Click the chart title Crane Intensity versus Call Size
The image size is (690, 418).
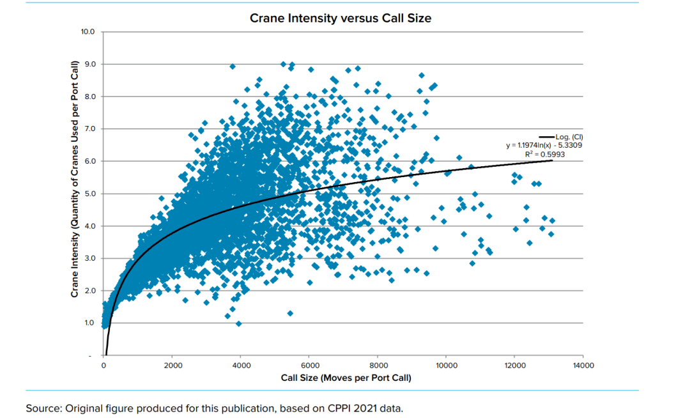340,18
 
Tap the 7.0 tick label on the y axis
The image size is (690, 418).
89,128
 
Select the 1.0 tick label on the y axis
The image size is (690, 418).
89,323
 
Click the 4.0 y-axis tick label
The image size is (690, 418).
89,226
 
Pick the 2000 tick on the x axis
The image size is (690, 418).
172,366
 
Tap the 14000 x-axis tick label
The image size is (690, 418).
583,366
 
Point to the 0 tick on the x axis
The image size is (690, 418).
103,366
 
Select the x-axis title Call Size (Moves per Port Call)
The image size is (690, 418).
346,378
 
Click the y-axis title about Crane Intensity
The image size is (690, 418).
75,179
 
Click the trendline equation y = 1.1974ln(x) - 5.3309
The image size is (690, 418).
544,145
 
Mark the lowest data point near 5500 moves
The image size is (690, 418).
290,313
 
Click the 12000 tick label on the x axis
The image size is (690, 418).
514,366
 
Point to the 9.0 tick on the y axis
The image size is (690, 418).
89,64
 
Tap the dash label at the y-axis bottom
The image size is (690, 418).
90,355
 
